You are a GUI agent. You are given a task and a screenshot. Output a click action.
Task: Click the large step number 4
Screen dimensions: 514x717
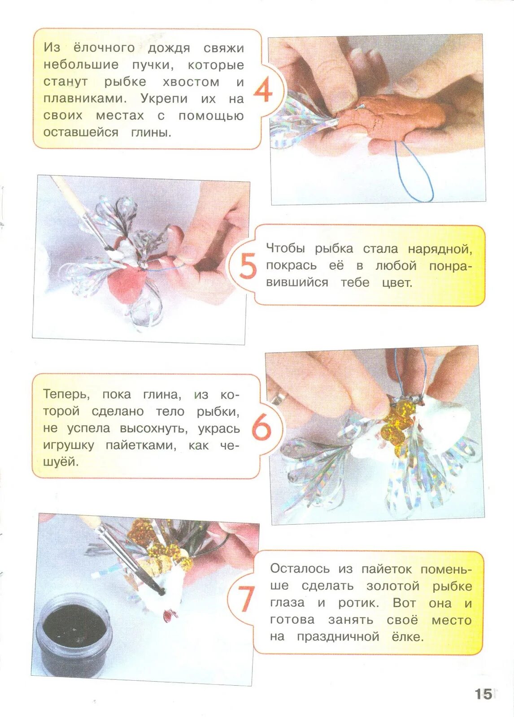coord(263,90)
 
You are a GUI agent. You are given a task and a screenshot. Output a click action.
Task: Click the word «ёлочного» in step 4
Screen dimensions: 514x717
coord(104,48)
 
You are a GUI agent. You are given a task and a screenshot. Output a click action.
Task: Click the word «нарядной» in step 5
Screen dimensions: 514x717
coord(440,249)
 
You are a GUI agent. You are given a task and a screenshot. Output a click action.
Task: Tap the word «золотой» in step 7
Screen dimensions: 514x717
coord(393,587)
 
